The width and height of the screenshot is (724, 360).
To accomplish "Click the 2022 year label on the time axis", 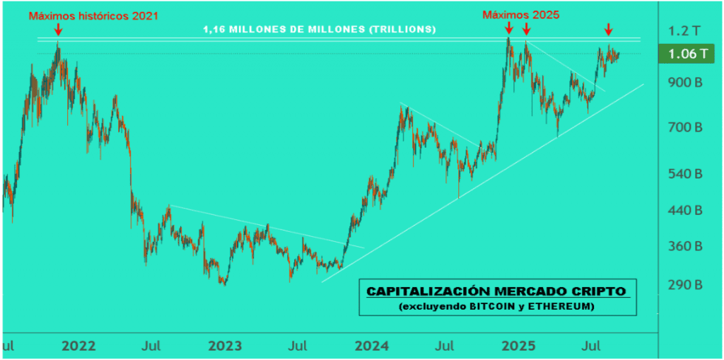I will tap(78, 347).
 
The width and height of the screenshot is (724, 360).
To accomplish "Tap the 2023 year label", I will tap(226, 347).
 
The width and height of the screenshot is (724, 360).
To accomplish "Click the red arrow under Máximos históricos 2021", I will tap(58, 30).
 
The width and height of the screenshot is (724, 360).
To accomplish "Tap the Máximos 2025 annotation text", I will tap(520, 14).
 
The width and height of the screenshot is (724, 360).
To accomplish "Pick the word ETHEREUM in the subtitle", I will tap(559, 307).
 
